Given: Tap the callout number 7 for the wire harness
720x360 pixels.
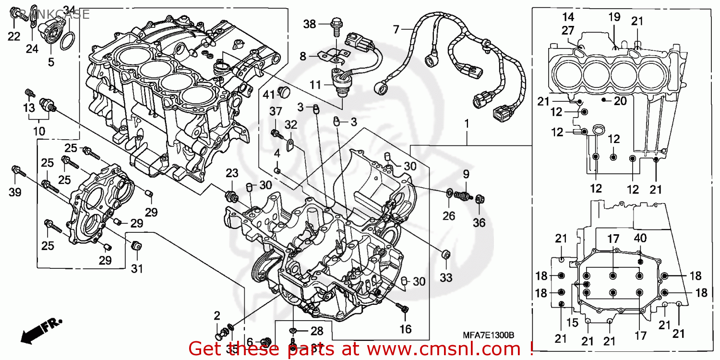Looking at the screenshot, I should click(x=396, y=30).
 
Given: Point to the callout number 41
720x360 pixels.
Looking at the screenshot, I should click(x=268, y=94).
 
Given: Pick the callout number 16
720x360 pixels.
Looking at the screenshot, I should click(x=406, y=329).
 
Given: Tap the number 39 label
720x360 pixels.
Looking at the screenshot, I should click(x=15, y=192).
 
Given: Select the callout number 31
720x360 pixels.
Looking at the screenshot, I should click(x=137, y=269).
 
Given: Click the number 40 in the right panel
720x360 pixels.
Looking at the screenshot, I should click(x=639, y=238).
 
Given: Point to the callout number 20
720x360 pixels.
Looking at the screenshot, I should click(x=620, y=100).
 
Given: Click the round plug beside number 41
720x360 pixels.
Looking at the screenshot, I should click(x=285, y=91).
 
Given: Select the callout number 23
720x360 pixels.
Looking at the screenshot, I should click(x=232, y=173).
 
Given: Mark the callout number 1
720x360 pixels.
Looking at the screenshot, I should click(x=466, y=123).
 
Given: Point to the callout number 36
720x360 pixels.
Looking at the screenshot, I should click(x=479, y=222).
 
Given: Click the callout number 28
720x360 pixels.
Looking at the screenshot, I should click(x=316, y=331).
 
